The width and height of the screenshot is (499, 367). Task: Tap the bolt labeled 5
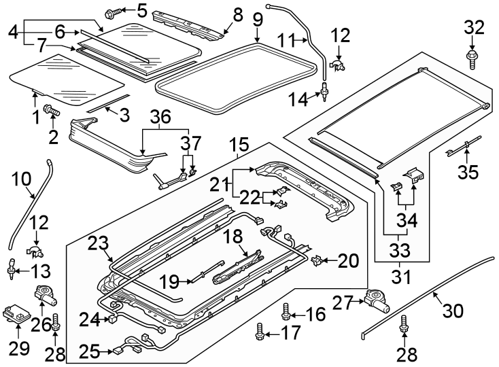(x=114, y=12)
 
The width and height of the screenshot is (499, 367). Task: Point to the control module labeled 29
(x=16, y=313)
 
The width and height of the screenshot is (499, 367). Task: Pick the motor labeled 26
(x=46, y=298)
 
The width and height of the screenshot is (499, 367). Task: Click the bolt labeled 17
(x=259, y=332)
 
